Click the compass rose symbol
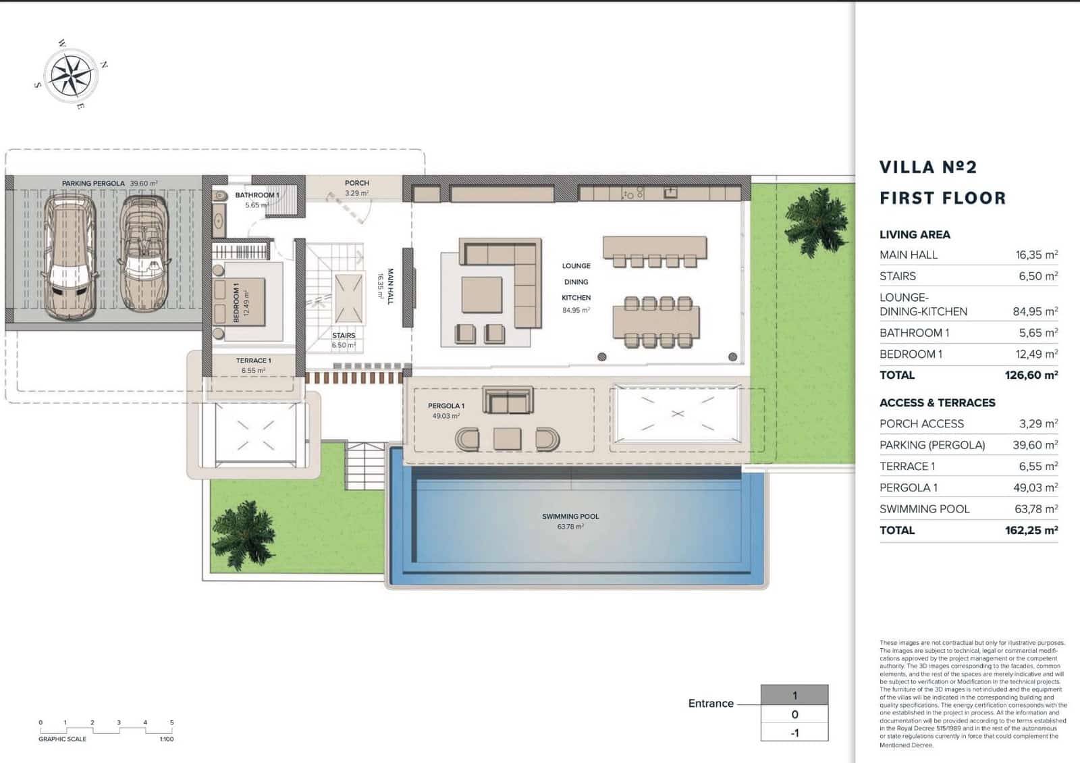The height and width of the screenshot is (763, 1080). pos(70,74)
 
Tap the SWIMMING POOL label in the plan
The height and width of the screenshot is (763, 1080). pos(570,517)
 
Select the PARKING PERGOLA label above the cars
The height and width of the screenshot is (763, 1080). pos(93,184)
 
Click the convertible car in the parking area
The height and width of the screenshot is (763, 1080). pos(144,253)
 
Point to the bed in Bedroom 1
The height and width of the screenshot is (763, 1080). pos(244,302)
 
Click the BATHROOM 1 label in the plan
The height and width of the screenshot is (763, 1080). pos(256,195)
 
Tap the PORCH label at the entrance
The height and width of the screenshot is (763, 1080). pos(356,183)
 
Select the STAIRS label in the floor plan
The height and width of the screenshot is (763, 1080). pos(344,336)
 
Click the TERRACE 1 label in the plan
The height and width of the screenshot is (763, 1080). pos(253,361)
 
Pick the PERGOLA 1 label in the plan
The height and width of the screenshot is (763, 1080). pos(446,406)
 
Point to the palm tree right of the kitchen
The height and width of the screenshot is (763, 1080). pos(817,221)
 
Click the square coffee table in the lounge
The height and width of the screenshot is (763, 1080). pos(481,295)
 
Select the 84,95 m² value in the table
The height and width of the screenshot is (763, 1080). pos(1035,311)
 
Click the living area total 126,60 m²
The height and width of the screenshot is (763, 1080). pos(1031,375)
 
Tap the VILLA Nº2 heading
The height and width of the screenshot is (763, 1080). pos(928,167)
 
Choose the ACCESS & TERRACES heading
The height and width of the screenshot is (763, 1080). pos(937,402)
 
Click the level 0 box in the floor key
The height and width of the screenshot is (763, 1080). pos(794,714)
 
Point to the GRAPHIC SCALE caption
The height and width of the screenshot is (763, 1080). pos(63,739)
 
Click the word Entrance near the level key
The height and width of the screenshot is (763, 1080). pos(711,704)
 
